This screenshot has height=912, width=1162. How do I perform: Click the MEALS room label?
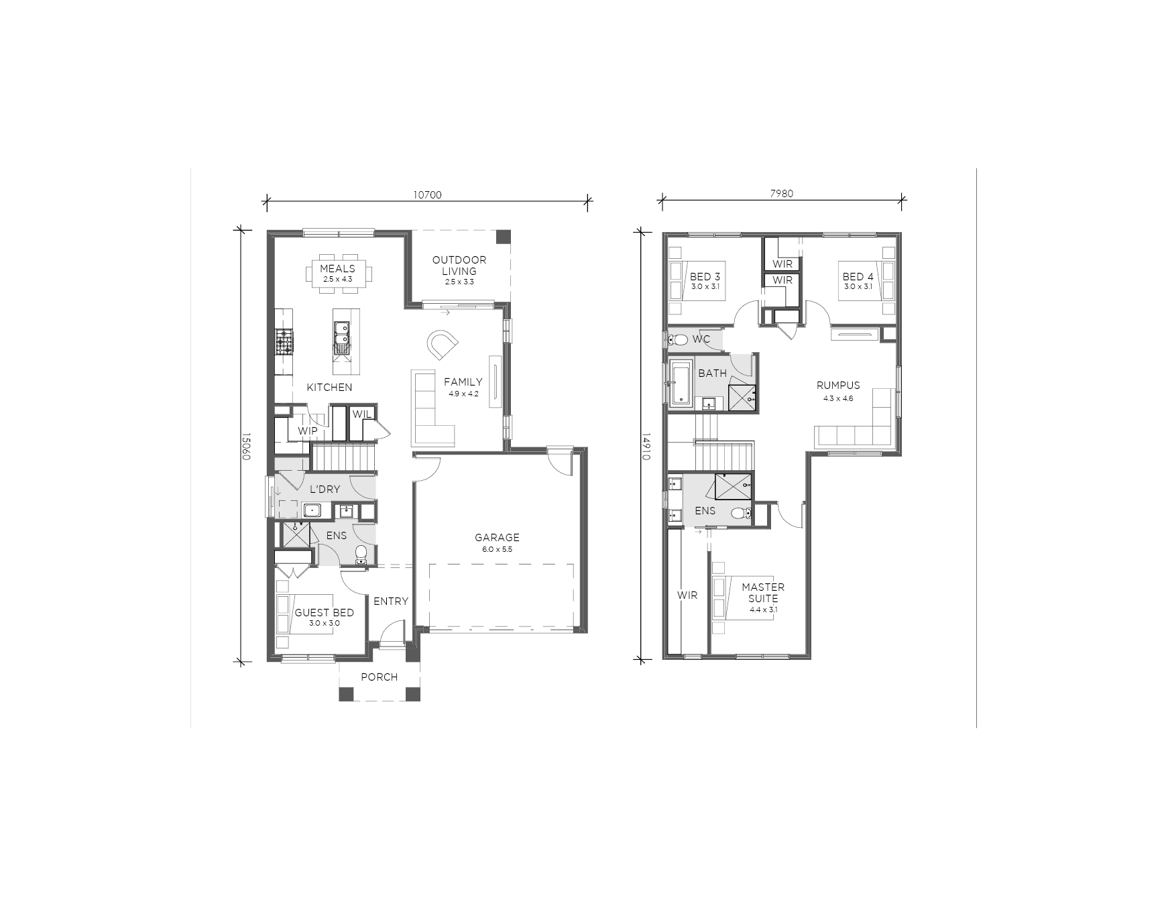pos(337,269)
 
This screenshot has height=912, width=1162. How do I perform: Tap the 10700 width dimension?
pos(427,195)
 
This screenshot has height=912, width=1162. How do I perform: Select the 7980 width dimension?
pos(781,194)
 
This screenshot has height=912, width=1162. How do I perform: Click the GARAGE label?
pos(497,537)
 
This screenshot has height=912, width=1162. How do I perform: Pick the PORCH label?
pos(380,677)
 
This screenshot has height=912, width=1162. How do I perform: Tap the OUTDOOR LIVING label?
pos(459,266)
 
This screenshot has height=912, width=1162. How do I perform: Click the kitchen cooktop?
pos(284,341)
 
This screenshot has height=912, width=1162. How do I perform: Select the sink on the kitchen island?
pos(342,337)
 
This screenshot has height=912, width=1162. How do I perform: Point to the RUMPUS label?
pos(838,386)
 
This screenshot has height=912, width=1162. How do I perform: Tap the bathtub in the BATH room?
pos(681,384)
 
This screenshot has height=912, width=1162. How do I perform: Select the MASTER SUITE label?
pos(763,593)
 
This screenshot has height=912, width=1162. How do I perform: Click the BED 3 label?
pos(705,276)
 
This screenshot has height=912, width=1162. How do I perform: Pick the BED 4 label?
pos(858,276)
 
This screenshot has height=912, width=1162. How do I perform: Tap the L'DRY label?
pos(325,490)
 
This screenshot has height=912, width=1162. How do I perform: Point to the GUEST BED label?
pos(325,612)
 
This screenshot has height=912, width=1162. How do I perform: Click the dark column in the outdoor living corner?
pos(503,237)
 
